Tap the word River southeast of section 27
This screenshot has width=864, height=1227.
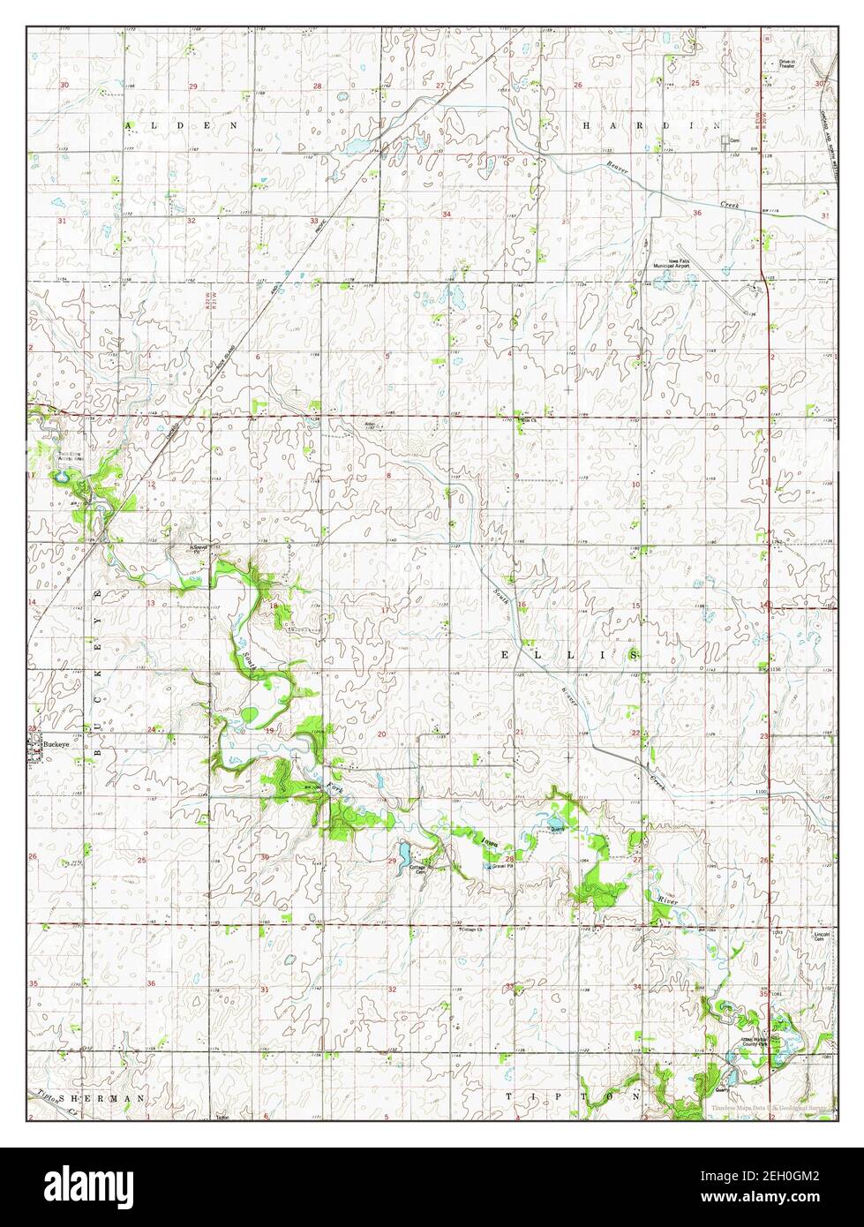pyautogui.click(x=666, y=899)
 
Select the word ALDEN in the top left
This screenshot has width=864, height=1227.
pyautogui.click(x=182, y=126)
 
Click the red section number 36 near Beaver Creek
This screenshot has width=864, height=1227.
pyautogui.click(x=697, y=214)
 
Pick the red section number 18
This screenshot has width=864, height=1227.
pyautogui.click(x=274, y=606)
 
